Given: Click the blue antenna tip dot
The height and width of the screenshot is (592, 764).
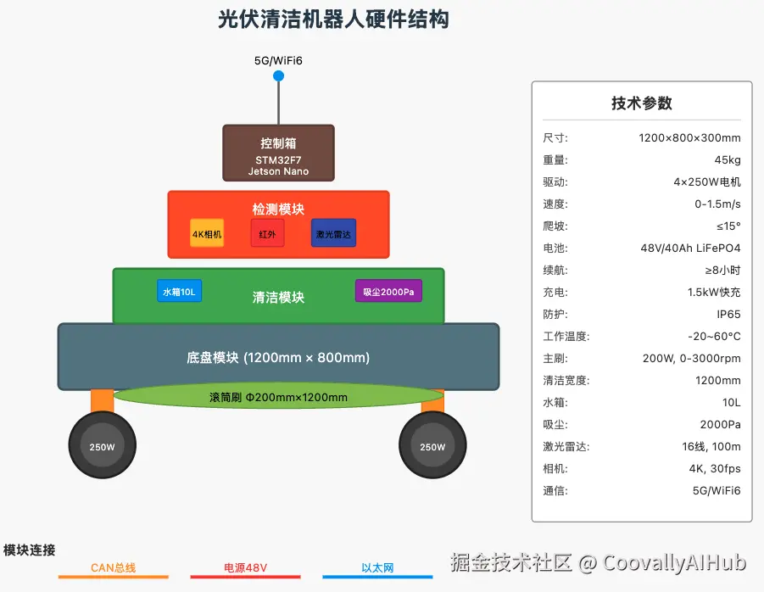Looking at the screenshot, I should tap(278, 76).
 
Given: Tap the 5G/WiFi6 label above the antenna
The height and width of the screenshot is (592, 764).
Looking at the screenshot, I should tap(278, 61).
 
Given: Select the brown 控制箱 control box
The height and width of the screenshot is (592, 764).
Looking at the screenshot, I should tap(278, 154).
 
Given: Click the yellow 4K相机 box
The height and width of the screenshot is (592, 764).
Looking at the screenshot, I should tap(207, 234).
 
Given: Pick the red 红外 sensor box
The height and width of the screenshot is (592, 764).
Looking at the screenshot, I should tap(267, 234).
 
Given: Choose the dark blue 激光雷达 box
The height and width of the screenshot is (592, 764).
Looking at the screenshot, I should tap(333, 234).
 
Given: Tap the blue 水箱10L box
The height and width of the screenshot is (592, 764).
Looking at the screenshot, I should tap(179, 292).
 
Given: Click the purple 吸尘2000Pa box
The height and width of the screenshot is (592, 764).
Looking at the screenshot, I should tap(388, 292).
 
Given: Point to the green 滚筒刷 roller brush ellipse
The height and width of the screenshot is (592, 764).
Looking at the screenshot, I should tap(278, 397).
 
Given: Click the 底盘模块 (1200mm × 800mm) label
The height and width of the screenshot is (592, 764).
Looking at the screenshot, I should tap(278, 357).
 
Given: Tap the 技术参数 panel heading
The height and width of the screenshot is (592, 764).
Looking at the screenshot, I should tap(641, 103).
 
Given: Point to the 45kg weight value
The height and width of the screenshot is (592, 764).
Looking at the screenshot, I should tap(727, 159).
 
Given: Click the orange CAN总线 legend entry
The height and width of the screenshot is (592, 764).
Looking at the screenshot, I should tap(113, 568).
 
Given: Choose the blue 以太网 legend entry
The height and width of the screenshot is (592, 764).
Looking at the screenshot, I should tap(377, 568).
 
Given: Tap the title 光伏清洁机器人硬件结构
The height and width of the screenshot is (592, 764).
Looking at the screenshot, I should tap(333, 20).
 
